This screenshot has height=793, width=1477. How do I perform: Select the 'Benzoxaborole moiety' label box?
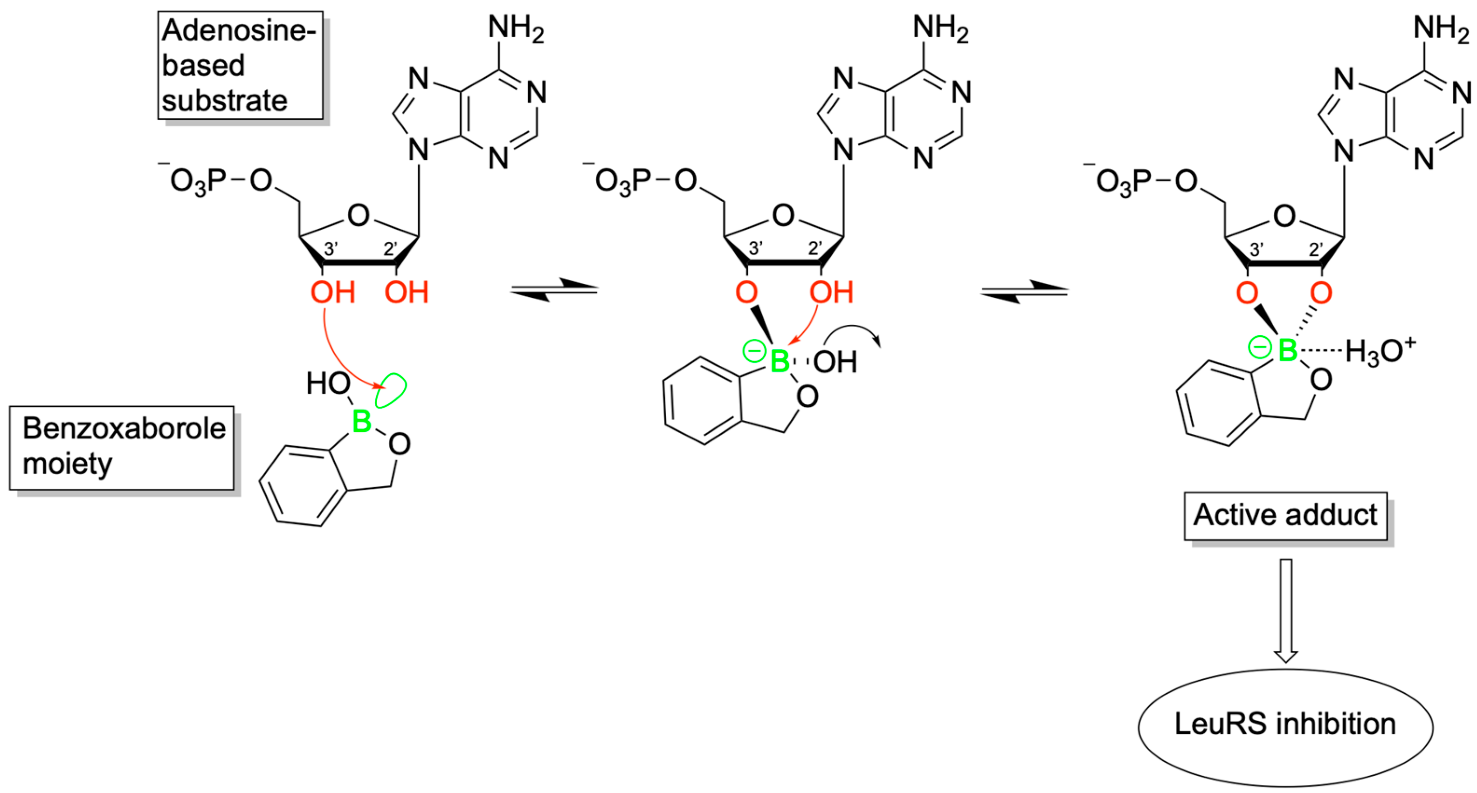coord(122,447)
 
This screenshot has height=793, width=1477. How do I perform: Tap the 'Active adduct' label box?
coord(1285,515)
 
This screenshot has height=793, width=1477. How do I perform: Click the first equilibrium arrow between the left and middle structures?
coord(554,290)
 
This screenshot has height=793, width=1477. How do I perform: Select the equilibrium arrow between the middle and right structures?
coord(1025,291)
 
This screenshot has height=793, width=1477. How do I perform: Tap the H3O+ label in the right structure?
coord(1380,351)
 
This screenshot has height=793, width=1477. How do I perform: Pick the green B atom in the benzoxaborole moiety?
coord(362,422)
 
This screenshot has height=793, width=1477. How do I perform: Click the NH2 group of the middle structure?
coord(940,28)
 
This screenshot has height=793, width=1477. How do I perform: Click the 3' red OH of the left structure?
coord(332,293)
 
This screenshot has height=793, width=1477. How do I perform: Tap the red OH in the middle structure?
coord(831,293)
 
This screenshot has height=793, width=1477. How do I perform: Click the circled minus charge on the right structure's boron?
coord(1260,347)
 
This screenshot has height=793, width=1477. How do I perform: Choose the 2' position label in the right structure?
coord(1316,250)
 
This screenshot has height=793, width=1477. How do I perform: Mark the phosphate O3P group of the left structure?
coord(195,182)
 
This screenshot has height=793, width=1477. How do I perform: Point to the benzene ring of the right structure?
coord(1217,403)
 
